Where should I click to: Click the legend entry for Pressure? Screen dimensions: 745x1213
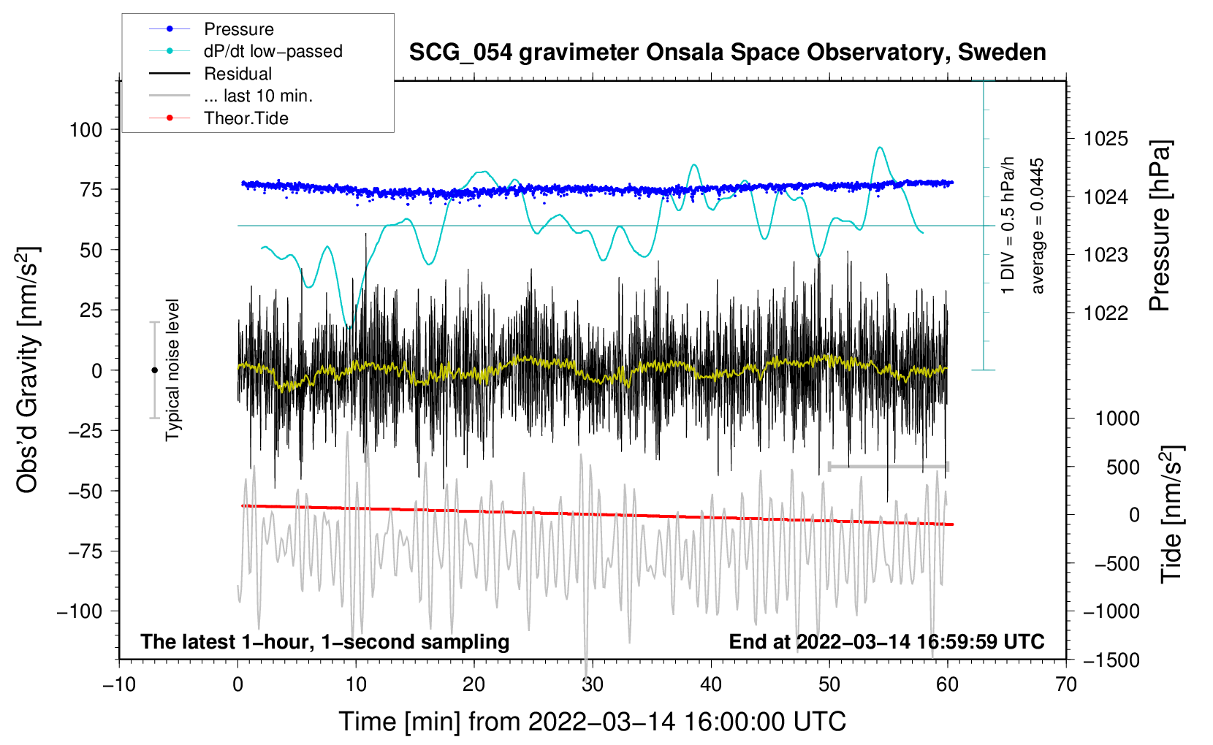[x=238, y=29]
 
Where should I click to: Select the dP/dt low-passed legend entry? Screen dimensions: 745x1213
[x=273, y=51]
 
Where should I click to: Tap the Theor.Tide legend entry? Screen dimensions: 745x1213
[x=246, y=118]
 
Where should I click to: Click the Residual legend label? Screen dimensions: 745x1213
[x=237, y=74]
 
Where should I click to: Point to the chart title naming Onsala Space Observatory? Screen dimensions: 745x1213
[x=727, y=53]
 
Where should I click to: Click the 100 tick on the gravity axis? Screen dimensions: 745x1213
[x=85, y=130]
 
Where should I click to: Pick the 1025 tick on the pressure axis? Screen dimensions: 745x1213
[x=1106, y=139]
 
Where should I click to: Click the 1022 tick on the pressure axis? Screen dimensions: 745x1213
[x=1106, y=313]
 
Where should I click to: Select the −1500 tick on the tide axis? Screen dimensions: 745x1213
[x=1111, y=660]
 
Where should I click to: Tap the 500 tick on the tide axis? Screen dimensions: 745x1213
[x=1122, y=467]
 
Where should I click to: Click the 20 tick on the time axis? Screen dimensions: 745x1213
[x=474, y=684]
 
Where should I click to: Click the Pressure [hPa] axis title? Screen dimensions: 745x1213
[x=1160, y=226]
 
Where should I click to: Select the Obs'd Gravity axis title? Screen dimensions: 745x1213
[x=28, y=370]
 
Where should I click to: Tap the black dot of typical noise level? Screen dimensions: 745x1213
[x=154, y=370]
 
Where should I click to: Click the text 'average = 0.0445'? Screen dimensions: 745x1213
[x=1037, y=226]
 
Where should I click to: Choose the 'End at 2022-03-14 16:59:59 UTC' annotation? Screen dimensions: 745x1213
[x=886, y=642]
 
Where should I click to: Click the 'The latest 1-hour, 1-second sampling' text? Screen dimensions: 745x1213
[x=325, y=642]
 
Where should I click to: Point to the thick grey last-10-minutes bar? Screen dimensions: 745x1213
[x=889, y=466]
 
